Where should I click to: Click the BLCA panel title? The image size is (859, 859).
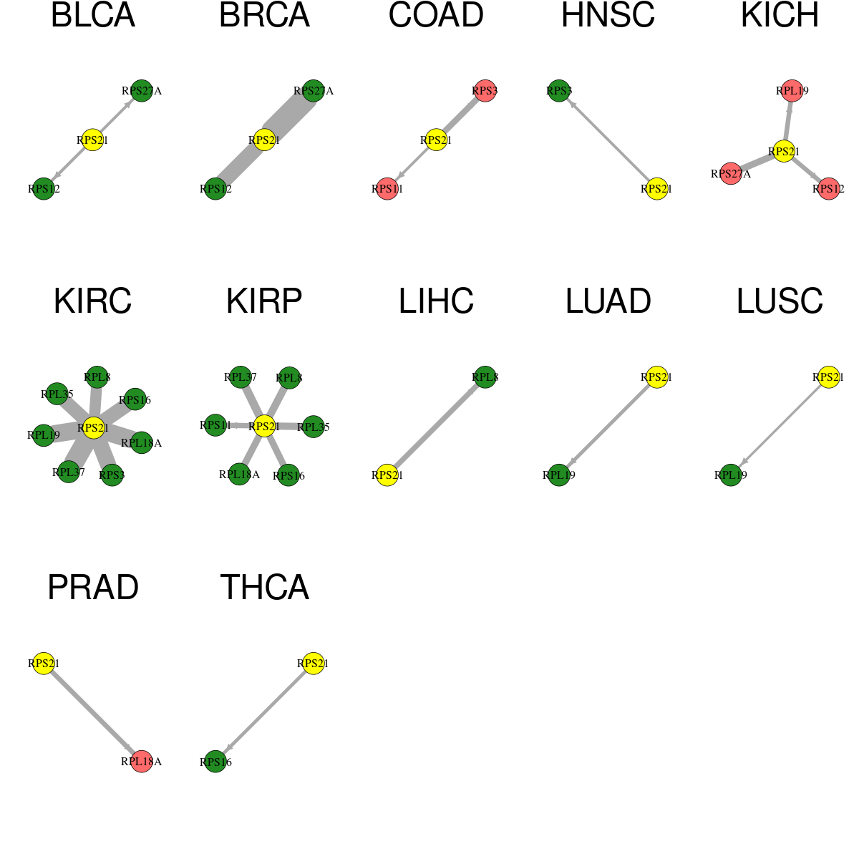93,15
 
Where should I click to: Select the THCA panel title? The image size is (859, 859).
264,587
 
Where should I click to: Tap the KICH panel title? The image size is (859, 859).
780,15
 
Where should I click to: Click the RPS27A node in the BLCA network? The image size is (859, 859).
142,91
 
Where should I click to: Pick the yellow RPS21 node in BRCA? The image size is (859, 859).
264,140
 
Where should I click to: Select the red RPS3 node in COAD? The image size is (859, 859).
485,91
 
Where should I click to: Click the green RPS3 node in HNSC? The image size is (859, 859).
558,91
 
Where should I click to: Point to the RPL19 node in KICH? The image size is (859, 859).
792,91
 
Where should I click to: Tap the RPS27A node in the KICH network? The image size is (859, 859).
731,173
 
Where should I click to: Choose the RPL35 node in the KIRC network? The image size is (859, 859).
57,394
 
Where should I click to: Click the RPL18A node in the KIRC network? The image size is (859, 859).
141,442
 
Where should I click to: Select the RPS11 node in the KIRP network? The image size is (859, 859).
215,425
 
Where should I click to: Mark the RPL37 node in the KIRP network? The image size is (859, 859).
241,377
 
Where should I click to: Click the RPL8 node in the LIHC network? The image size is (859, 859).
485,377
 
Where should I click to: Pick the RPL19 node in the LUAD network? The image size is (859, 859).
558,475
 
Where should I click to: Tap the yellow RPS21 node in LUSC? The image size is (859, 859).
828,377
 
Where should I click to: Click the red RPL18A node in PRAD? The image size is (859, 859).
141,762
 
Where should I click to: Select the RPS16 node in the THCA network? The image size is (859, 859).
215,762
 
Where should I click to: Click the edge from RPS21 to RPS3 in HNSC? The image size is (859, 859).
608,140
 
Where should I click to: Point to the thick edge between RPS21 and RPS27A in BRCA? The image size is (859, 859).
289,115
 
